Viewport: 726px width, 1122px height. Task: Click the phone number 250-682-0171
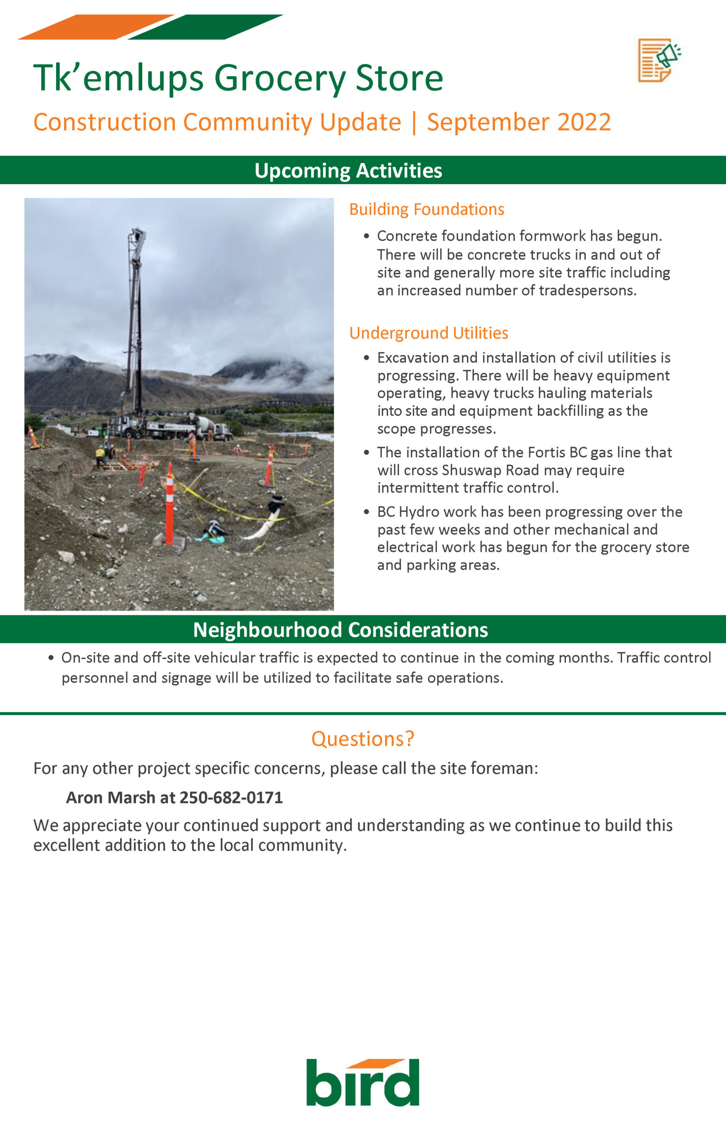coord(231,797)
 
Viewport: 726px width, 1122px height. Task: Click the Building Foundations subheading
coord(426,209)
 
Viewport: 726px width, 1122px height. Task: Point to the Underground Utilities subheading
coord(428,333)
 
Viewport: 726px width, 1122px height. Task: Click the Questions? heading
coord(363,739)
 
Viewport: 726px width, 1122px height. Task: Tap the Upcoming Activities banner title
coord(348,170)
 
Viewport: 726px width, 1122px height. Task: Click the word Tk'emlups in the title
coord(118,78)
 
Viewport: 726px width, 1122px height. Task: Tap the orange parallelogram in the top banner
coord(96,27)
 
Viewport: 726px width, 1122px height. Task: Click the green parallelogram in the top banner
coord(205,27)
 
